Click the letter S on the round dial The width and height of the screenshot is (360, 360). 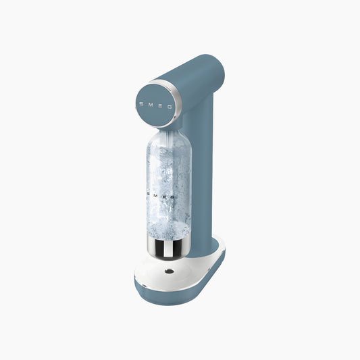[141, 104]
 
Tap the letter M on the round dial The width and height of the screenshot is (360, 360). [151, 105]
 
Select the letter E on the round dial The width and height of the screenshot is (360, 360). [161, 105]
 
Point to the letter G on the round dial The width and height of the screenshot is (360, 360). [170, 106]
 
